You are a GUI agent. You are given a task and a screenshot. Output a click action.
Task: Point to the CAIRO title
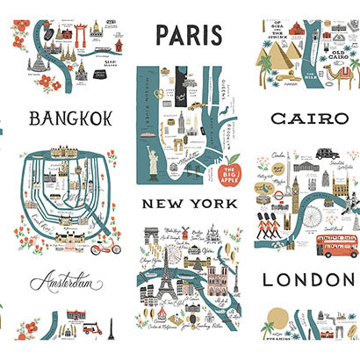point(303,118)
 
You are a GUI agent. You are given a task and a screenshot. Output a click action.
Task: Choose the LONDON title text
point(303,280)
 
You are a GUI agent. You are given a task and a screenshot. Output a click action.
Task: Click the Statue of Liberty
point(161,162)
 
